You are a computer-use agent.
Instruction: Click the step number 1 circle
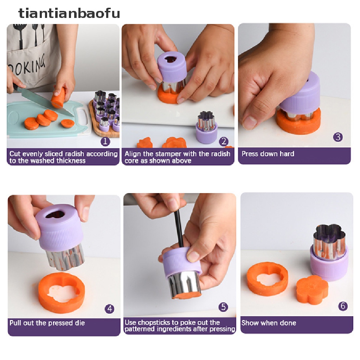click(x=105, y=141)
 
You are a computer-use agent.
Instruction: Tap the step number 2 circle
click(x=224, y=141)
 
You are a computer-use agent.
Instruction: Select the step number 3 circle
click(x=338, y=137)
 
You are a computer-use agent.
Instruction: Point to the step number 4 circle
click(x=110, y=309)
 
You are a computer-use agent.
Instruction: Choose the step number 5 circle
click(x=223, y=307)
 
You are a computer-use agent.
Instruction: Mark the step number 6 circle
click(x=343, y=306)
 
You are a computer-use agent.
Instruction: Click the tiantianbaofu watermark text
click(x=69, y=13)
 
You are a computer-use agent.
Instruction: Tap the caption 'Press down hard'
click(x=268, y=154)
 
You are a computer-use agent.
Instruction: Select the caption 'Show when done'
click(x=269, y=323)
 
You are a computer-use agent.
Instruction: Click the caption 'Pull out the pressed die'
click(x=47, y=323)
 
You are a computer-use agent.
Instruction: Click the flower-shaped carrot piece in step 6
click(x=312, y=290)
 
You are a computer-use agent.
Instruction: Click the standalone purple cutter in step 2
click(x=206, y=127)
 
